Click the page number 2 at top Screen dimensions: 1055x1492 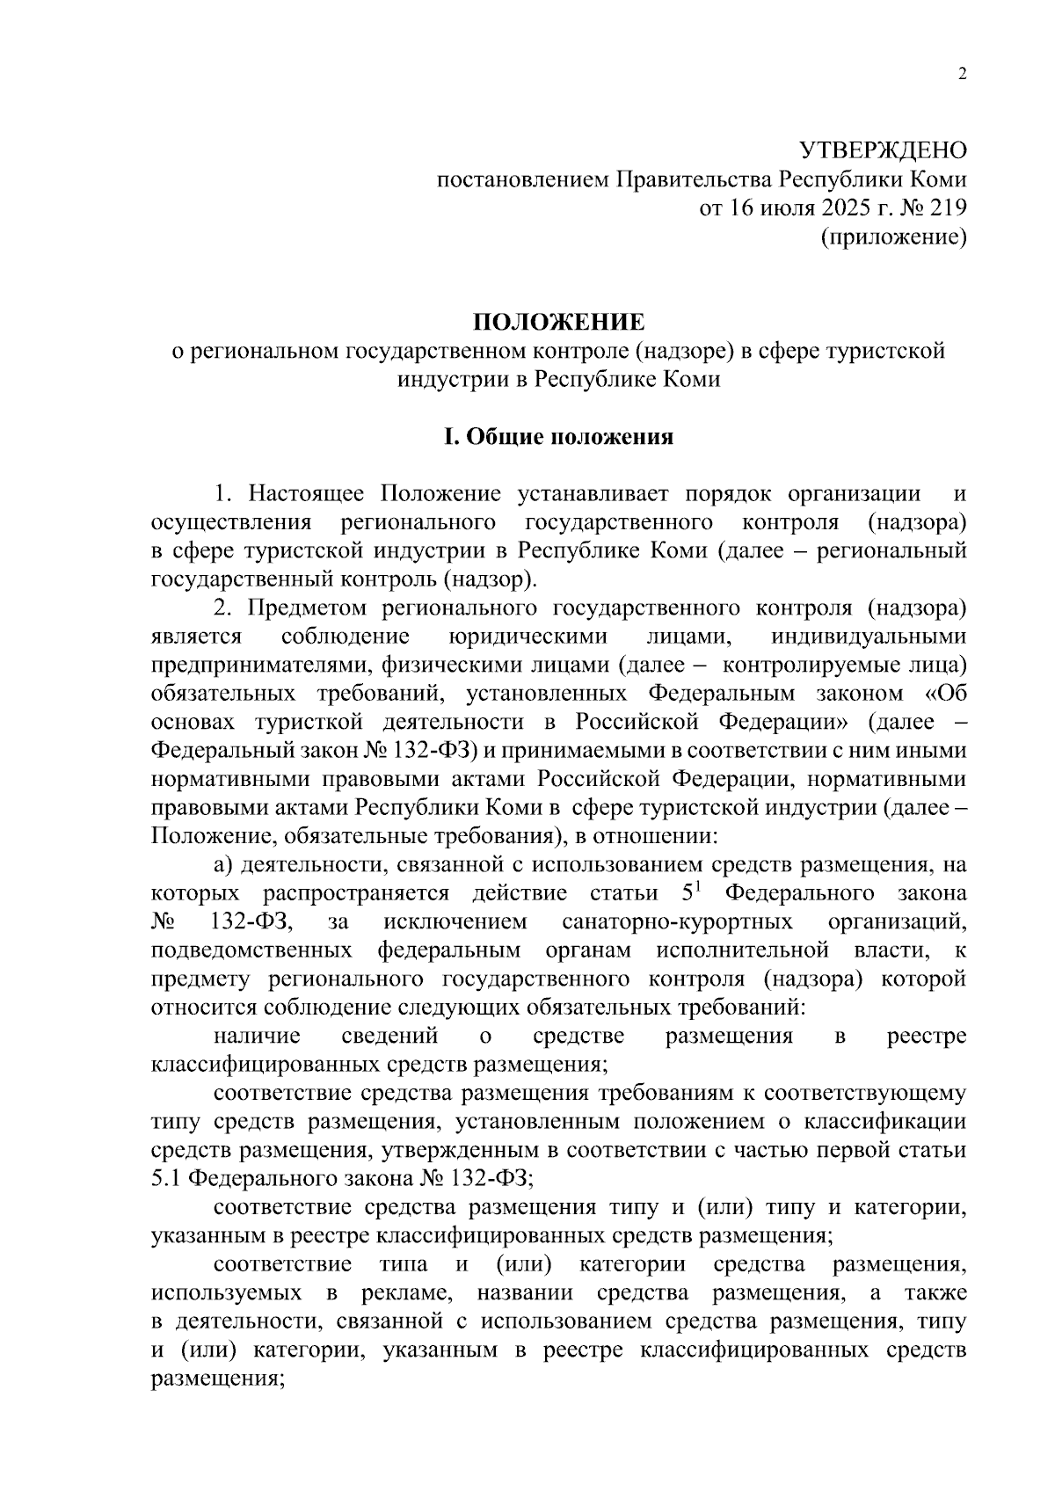962,75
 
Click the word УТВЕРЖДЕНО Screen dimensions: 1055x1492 882,150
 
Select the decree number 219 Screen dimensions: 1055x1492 947,208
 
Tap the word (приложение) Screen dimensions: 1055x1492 894,237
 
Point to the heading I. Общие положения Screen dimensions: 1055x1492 558,437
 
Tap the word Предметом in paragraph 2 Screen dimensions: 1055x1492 307,608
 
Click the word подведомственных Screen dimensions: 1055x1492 252,950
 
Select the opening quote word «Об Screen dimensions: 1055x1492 946,694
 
